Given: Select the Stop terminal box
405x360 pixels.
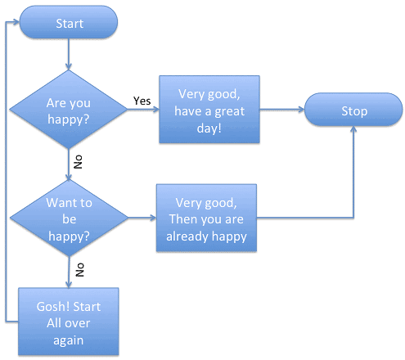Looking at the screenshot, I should (x=354, y=111).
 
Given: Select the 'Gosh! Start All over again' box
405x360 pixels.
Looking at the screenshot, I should (x=69, y=321).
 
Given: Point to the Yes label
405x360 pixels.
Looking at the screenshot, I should (x=142, y=101).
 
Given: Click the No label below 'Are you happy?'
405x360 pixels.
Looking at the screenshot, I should (x=79, y=160).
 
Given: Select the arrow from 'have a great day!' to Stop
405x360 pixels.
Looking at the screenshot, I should (x=281, y=111).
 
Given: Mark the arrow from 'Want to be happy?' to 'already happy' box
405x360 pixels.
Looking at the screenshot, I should (x=141, y=218).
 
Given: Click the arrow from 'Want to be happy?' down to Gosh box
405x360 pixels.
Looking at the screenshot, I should (x=69, y=267).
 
